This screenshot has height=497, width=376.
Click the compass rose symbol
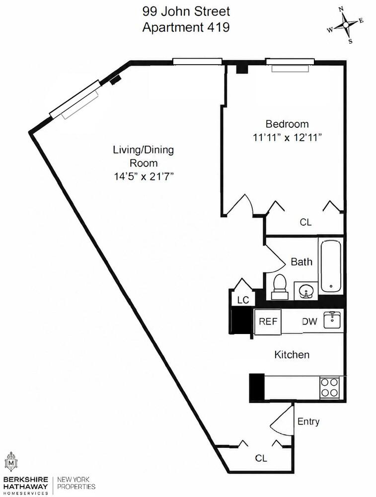point(346,25)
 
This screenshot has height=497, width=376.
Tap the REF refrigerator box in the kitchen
point(268,322)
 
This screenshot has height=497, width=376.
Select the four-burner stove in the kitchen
point(329,388)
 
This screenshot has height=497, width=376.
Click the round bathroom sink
point(305,291)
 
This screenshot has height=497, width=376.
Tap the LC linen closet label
point(243,300)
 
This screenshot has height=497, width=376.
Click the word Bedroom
point(287,124)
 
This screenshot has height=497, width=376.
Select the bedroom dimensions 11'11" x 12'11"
point(287,138)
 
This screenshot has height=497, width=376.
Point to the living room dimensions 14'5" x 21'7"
point(144,176)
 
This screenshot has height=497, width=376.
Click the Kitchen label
point(292,354)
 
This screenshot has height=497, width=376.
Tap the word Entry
point(308,421)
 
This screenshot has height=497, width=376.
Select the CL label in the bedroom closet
point(305,222)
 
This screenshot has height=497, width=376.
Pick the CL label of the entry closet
point(261,458)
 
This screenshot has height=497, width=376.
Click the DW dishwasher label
point(309,322)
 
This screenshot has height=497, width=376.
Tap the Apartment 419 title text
point(186,27)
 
